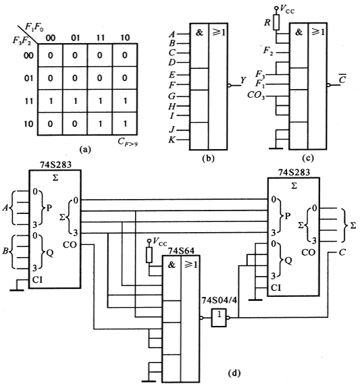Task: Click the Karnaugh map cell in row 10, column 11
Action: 100,123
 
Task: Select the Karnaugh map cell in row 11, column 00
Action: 50,101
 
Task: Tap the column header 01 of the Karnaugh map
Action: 76,38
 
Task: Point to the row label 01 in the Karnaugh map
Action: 28,78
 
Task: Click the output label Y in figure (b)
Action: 243,80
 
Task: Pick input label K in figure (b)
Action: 172,140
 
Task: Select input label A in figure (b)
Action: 172,34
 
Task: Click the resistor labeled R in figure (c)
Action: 276,22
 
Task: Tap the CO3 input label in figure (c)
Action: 256,95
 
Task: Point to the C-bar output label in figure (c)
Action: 342,79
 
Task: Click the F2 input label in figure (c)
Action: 268,51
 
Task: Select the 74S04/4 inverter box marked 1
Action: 219,318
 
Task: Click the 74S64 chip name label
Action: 181,250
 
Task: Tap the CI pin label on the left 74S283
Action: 37,280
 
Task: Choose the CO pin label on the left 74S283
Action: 70,245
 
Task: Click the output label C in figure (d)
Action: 342,252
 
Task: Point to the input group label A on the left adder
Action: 5,209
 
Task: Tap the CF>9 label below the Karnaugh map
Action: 128,142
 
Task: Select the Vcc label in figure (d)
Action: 159,242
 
